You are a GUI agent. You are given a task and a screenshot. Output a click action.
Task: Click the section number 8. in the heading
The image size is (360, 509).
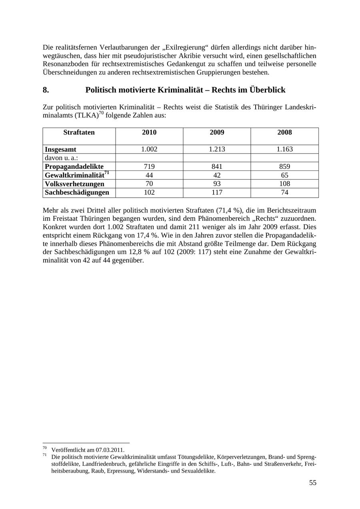pos(46,90)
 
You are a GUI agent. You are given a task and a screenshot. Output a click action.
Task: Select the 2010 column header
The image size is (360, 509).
pos(149,132)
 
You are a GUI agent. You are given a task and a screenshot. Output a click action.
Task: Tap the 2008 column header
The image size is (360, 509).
pos(284,132)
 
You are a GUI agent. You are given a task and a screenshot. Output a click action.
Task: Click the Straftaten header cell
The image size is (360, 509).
pos(79,132)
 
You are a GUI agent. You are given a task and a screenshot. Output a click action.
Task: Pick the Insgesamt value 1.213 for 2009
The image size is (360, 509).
pos(217,149)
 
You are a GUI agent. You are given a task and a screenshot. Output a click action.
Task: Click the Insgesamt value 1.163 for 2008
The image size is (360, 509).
pos(284,149)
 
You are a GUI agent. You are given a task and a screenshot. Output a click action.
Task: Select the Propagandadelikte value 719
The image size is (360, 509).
pos(149,166)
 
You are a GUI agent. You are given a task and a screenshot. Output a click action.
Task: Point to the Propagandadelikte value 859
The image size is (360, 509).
pos(284,166)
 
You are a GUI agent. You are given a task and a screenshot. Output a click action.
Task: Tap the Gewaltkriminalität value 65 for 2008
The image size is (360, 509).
pos(284,175)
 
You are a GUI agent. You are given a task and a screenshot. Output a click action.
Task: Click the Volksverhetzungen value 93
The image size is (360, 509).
pos(217,184)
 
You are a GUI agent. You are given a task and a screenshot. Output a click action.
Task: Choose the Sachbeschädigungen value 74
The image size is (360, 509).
pos(284,192)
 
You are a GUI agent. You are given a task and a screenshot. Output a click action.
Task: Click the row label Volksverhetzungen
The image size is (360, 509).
pos(74,184)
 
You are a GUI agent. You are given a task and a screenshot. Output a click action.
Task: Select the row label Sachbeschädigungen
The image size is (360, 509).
pos(77,192)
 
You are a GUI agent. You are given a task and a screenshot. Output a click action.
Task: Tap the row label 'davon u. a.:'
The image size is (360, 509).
pos(61,158)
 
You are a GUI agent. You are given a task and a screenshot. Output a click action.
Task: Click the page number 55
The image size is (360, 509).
pos(312,483)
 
